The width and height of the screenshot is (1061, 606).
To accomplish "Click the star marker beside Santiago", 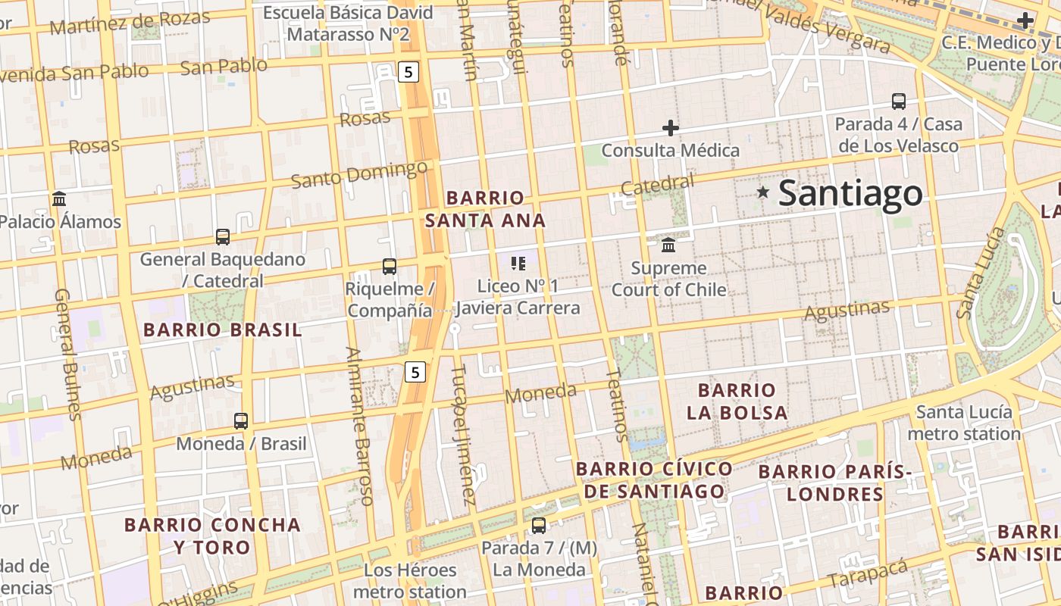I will [x=763, y=192].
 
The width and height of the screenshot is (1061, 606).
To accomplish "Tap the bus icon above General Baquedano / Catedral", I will [x=223, y=237].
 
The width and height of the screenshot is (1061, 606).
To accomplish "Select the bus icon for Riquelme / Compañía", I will [x=390, y=267].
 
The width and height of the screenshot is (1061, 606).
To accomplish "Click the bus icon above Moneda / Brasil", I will [x=241, y=421].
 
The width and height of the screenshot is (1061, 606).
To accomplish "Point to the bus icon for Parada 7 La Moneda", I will [x=539, y=525].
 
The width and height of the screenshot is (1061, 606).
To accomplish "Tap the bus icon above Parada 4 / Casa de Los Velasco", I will [x=899, y=102].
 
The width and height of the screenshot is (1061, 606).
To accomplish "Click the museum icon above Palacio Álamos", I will [x=59, y=199].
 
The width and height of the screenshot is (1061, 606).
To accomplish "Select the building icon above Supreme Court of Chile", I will [x=668, y=245].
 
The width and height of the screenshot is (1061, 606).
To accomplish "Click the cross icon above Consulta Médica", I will [x=671, y=128].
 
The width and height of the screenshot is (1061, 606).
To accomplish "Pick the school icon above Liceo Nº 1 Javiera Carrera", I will [x=518, y=264].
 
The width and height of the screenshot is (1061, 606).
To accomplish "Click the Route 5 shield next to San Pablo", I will [x=408, y=72].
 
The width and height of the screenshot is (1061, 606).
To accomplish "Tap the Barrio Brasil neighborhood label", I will [x=222, y=330].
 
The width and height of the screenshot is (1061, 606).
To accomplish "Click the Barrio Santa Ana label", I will [x=485, y=209].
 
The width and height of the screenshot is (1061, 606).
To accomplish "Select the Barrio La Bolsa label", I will [x=737, y=401].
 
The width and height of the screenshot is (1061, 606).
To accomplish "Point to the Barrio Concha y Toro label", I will [x=212, y=536].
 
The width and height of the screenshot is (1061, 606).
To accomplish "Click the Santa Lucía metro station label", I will [x=964, y=423].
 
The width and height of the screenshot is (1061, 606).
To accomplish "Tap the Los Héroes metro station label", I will [x=410, y=580].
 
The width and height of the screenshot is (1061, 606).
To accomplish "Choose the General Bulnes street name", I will [x=67, y=353].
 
